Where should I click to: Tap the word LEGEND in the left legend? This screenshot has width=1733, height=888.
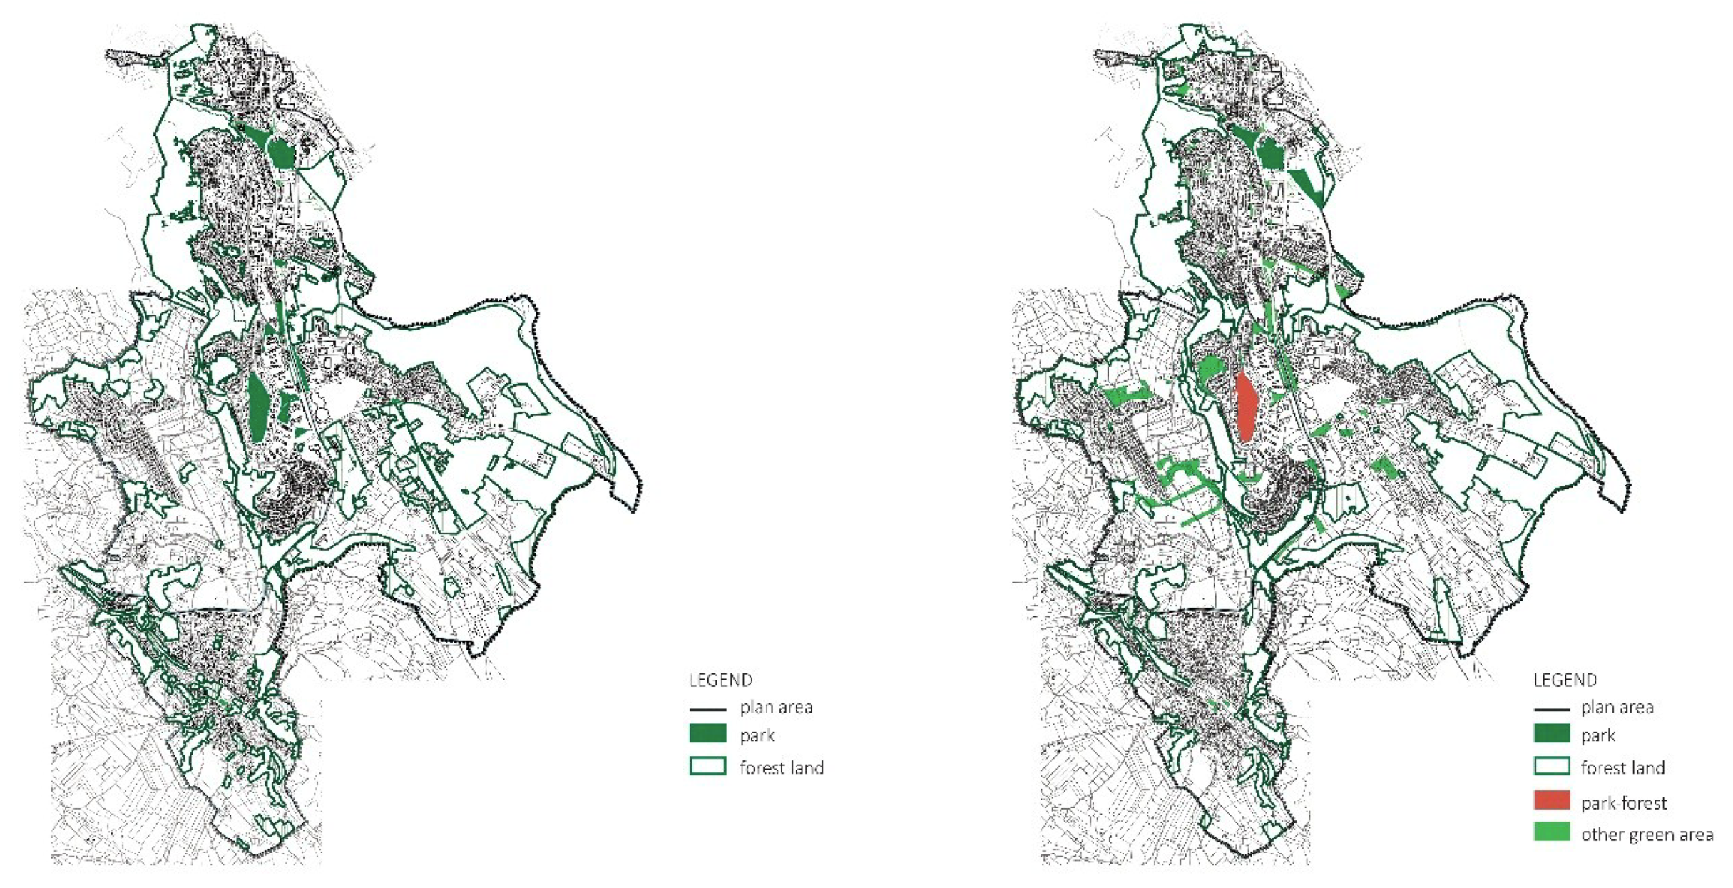pos(721,680)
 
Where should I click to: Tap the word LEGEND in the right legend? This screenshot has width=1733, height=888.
pos(1565,680)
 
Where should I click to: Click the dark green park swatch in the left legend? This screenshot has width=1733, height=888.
pos(707,734)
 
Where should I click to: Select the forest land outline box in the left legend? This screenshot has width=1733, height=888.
pos(707,766)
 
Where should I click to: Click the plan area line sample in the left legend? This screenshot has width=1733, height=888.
pos(707,710)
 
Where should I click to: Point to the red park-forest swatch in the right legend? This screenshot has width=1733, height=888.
pos(1552,800)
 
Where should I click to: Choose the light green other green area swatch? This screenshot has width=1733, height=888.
pos(1552,832)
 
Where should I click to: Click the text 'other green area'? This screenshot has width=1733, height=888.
pos(1647,835)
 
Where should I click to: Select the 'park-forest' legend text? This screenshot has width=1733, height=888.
pos(1623,803)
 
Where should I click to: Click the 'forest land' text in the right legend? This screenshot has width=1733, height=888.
pos(1622,767)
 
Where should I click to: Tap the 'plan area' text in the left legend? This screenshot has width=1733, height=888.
pos(776,707)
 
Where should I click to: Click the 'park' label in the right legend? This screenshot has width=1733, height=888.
pos(1597,735)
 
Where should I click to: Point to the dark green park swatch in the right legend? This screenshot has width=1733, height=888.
pos(1552,734)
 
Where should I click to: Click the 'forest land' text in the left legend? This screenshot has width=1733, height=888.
pos(782,767)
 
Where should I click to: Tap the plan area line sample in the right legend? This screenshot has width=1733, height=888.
pos(1552,710)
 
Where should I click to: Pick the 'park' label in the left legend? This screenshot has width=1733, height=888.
pos(757,735)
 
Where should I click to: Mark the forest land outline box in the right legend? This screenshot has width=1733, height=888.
pos(1552,766)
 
